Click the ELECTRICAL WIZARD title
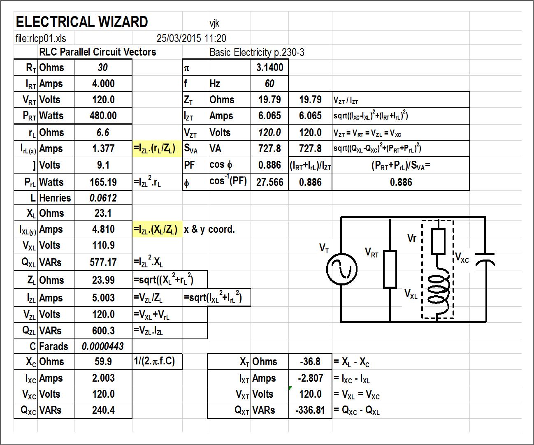(81, 22)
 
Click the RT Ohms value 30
(103, 67)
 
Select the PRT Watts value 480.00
(103, 116)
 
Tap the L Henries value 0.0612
(103, 198)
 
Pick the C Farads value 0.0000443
(103, 346)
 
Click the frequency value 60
(269, 84)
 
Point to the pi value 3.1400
(269, 67)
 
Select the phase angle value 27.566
(269, 182)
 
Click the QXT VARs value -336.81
(310, 410)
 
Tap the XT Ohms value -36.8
(310, 362)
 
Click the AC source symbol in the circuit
(341, 269)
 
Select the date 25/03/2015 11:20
(191, 39)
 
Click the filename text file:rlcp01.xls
(41, 39)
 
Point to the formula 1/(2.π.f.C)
(155, 362)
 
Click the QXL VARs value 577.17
(103, 262)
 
